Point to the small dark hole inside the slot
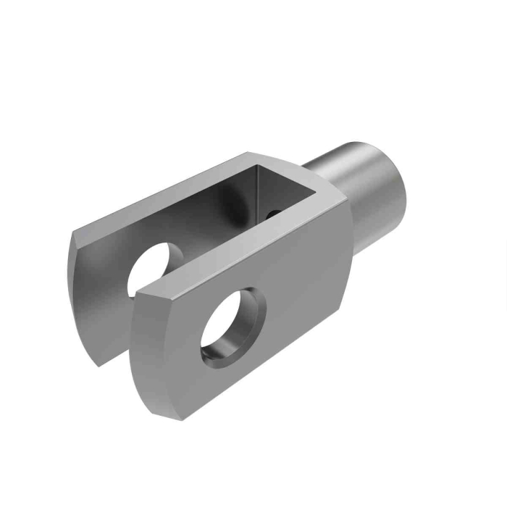271,214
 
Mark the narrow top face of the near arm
239,239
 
